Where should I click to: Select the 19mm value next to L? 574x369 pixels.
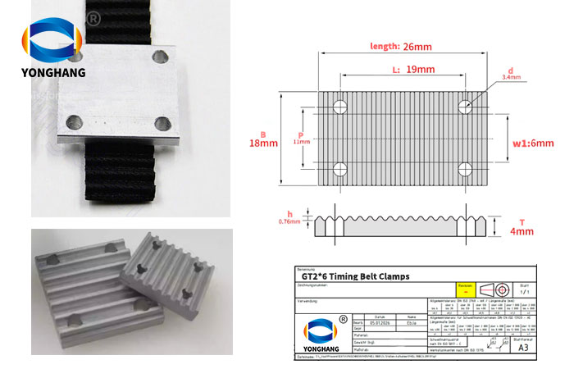(x=421, y=70)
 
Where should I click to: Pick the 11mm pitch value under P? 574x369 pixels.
(x=301, y=142)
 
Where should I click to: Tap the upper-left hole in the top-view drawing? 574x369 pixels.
(x=340, y=105)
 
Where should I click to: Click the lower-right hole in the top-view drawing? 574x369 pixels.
(x=465, y=170)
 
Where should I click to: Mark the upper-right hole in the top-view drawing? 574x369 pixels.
(x=465, y=105)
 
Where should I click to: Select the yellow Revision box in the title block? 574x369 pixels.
(x=465, y=288)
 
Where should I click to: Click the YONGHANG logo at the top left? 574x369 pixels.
(x=52, y=54)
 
